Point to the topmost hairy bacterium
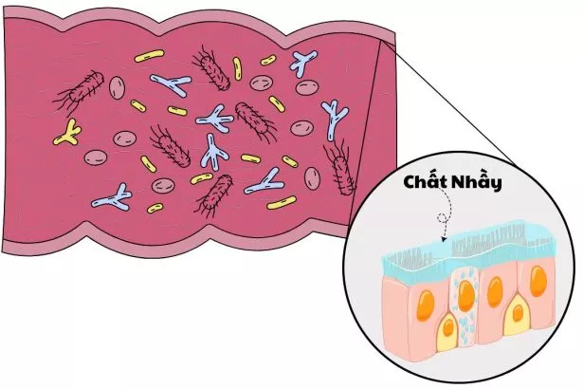pyautogui.click(x=214, y=67)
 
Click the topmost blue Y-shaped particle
pyautogui.click(x=303, y=63)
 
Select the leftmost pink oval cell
pyautogui.click(x=117, y=88)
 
